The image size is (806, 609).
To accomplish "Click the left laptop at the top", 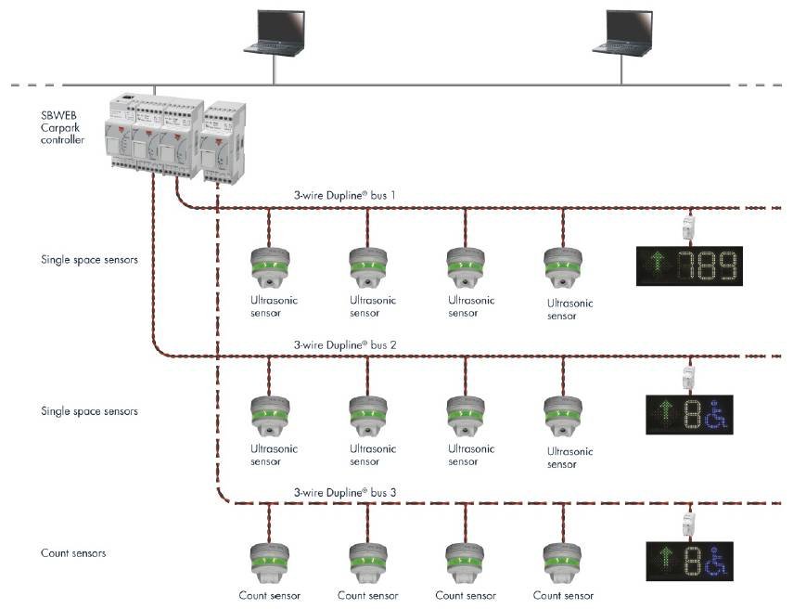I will click(274, 32).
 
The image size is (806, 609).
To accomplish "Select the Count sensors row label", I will click(73, 553).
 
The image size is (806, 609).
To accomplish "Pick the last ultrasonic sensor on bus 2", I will click(562, 417).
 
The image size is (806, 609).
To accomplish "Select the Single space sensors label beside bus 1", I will click(89, 260).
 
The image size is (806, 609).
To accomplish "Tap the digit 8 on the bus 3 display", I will click(690, 561).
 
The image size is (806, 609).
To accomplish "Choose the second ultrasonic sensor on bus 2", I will click(367, 416).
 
